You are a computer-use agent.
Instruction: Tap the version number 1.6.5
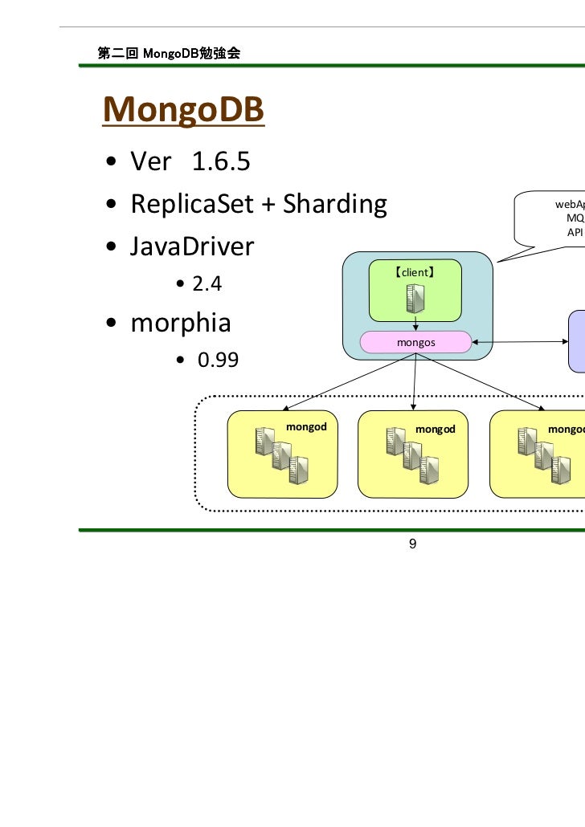221,162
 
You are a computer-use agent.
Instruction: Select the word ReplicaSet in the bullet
190,205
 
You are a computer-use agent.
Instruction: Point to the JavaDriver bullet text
192,246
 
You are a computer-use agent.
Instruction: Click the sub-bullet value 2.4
207,284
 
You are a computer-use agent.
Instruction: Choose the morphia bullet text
181,323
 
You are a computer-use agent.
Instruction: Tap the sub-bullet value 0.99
219,360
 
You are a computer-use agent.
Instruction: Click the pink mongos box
415,343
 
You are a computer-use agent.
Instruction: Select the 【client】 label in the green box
415,273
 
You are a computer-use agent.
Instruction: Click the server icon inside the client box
415,299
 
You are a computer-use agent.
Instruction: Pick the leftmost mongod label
307,426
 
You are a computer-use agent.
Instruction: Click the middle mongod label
436,429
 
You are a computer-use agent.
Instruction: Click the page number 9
412,544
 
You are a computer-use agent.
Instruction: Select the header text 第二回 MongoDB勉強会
170,54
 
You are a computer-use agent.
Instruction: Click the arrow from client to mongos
415,323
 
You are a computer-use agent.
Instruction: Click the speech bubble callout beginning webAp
554,218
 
